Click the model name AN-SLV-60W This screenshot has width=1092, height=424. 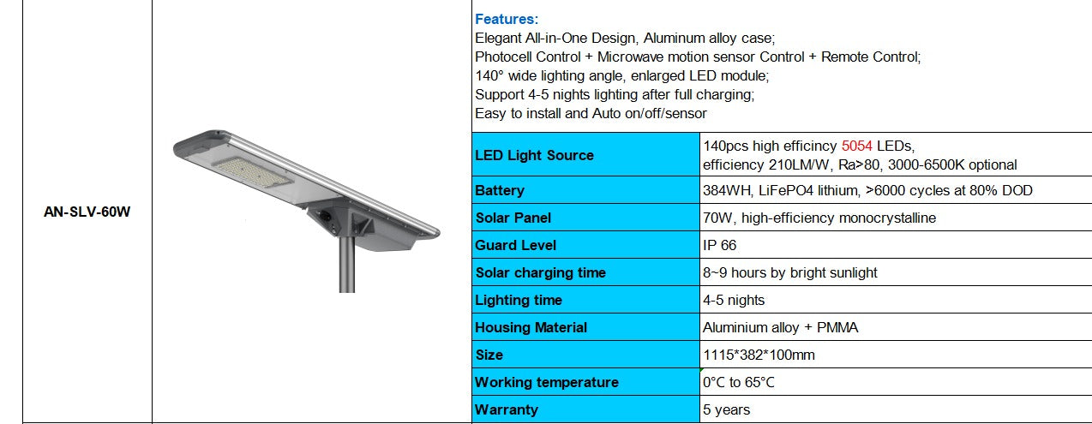click(87, 212)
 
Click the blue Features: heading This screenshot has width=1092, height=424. click(507, 19)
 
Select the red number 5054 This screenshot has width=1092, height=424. click(859, 146)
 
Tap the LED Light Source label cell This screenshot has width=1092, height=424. click(534, 155)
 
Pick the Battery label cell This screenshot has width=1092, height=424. click(500, 190)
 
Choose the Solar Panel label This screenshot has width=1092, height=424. click(513, 218)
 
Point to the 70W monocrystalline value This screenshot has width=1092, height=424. click(819, 218)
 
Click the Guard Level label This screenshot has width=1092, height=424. click(516, 245)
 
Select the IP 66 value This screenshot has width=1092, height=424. click(719, 245)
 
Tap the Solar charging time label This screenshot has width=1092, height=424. click(540, 272)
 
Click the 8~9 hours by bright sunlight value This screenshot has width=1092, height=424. click(789, 272)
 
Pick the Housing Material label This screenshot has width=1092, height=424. click(531, 327)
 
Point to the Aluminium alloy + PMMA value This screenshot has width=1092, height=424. click(780, 327)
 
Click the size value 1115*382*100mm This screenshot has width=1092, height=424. click(758, 355)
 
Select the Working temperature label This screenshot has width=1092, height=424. click(546, 382)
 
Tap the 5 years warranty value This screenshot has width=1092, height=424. click(726, 409)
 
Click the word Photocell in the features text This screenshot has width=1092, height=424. click(504, 57)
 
